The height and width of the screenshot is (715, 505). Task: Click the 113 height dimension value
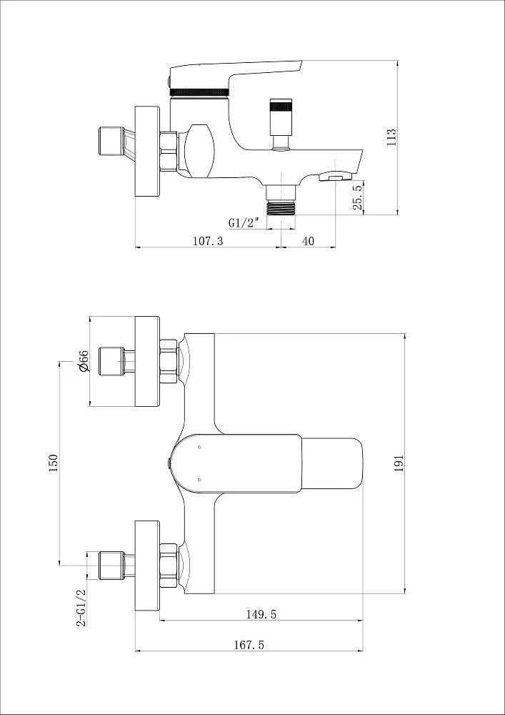tap(391, 137)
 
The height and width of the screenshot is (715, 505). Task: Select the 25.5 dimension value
tap(358, 196)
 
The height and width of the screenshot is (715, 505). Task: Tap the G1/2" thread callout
tap(244, 223)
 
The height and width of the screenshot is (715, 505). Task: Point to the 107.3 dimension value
tap(208, 241)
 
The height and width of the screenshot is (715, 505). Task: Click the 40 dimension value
tap(309, 241)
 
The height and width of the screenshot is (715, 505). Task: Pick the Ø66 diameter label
tap(83, 361)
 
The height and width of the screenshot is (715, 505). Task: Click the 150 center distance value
tap(54, 463)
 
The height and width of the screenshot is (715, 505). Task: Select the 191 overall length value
tap(399, 463)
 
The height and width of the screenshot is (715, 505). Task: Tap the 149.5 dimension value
tap(261, 614)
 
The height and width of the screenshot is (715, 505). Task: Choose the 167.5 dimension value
tap(249, 645)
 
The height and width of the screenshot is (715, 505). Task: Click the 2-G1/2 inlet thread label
tap(81, 608)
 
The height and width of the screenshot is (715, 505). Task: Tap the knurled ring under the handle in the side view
tap(199, 92)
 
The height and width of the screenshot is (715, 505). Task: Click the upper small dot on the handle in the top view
tap(199, 447)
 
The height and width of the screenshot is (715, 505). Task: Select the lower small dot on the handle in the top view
tap(199, 479)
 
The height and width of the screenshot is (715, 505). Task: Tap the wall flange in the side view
tap(148, 152)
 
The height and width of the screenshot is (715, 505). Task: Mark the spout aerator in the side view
tap(335, 176)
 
